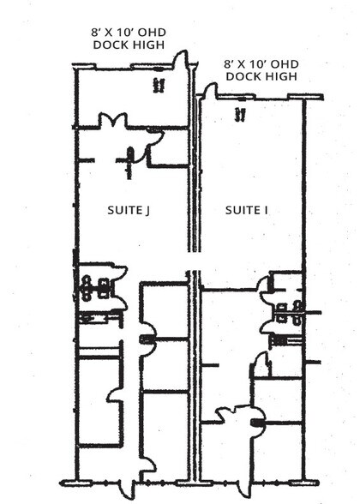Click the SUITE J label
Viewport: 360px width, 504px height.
(129, 210)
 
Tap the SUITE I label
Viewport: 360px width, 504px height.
(247, 210)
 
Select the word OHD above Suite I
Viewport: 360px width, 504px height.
(284, 64)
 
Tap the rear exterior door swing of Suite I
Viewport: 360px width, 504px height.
(209, 90)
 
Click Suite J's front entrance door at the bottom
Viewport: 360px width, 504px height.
(130, 486)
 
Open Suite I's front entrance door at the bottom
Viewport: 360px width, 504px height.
(244, 488)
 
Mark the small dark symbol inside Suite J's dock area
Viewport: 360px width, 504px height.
(159, 86)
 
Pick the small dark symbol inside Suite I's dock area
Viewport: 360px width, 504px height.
(240, 114)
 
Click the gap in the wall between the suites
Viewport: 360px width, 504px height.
(194, 261)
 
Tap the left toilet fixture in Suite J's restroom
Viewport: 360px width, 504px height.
(86, 288)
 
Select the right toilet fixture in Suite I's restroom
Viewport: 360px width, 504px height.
(297, 312)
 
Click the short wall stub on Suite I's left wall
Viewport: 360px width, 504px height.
(210, 365)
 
